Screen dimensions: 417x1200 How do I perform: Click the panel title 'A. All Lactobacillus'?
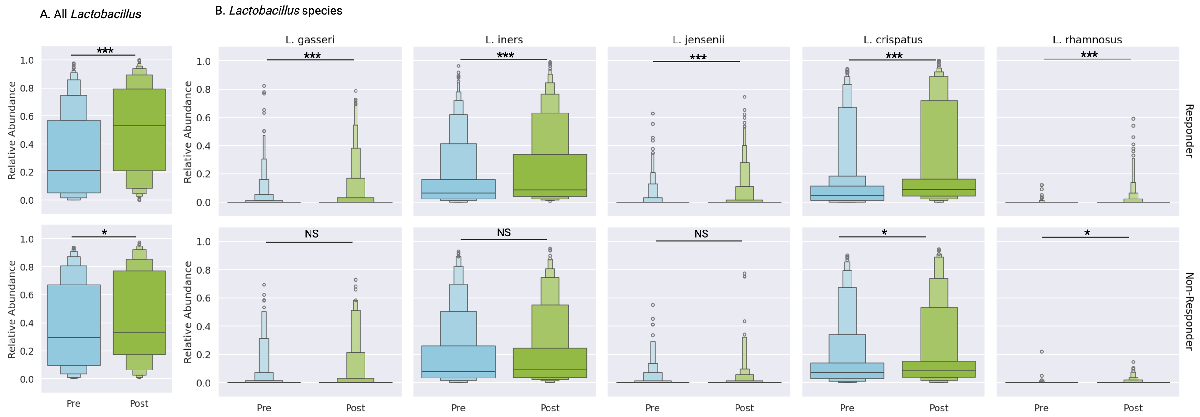click(x=90, y=15)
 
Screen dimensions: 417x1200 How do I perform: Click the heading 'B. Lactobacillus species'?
click(x=278, y=11)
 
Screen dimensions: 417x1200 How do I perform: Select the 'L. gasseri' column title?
click(x=310, y=40)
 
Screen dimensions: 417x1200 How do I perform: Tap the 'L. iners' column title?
click(x=504, y=40)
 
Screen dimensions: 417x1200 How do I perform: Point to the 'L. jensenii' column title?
click(x=698, y=40)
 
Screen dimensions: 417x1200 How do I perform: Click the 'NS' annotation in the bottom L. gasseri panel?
click(x=312, y=234)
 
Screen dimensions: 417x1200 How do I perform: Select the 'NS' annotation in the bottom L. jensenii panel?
click(x=701, y=234)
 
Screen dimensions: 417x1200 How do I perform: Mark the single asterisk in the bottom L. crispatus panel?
click(x=884, y=233)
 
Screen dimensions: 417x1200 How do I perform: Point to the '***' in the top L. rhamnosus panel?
click(x=1089, y=55)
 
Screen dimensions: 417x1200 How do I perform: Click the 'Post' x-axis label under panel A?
click(x=139, y=403)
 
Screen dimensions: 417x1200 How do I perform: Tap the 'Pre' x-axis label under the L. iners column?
click(x=458, y=408)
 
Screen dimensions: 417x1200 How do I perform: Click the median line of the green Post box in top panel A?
click(x=139, y=126)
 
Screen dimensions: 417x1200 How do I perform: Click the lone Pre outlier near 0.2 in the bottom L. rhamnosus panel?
click(x=1042, y=352)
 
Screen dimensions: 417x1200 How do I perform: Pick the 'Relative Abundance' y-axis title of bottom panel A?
click(x=12, y=309)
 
